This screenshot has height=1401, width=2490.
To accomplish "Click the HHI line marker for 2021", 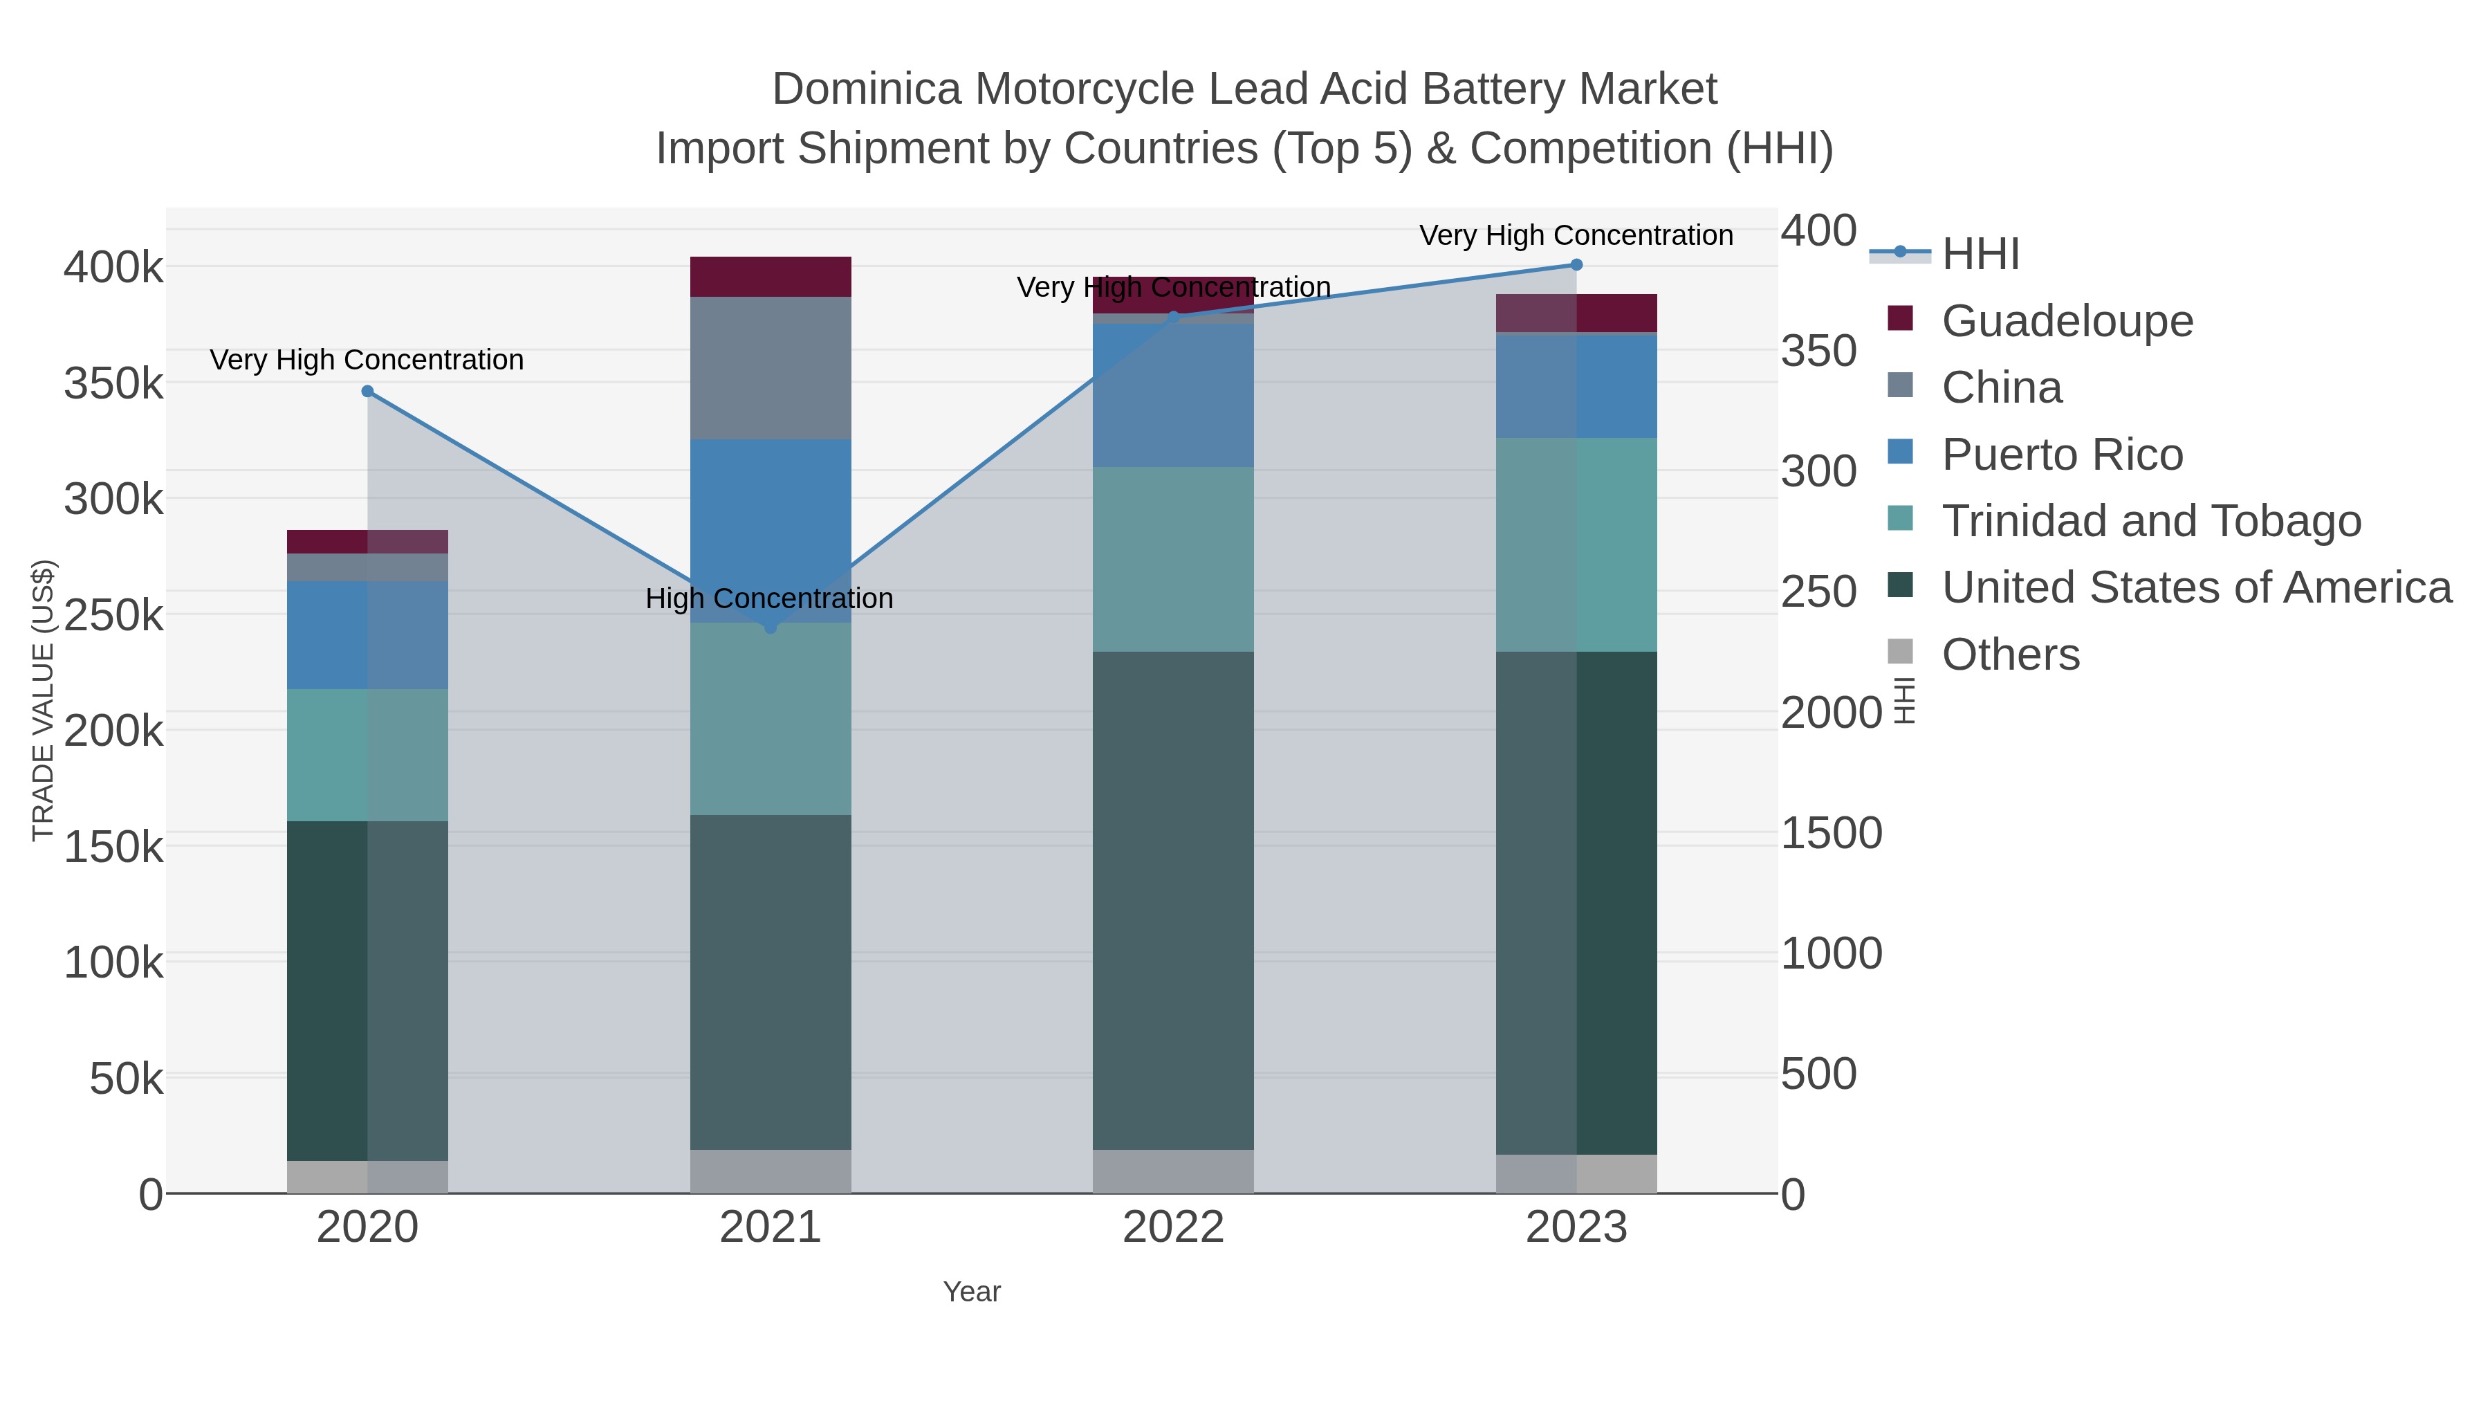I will click(x=771, y=628).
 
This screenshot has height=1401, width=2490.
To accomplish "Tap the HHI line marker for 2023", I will click(x=1576, y=265).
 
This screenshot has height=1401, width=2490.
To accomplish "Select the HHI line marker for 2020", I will click(x=367, y=392).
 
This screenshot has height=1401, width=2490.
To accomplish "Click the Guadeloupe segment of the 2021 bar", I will click(x=771, y=277).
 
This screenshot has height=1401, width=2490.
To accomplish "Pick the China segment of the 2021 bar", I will click(x=771, y=367).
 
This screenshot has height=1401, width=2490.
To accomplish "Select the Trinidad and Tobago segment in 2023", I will click(x=1576, y=544).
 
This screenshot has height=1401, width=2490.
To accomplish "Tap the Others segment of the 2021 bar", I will click(x=771, y=1171).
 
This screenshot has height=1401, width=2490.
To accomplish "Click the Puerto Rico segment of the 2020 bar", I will click(x=367, y=634).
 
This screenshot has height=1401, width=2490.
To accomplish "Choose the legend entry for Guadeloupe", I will click(x=2067, y=321).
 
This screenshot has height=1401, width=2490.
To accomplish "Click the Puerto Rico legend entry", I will click(x=2061, y=455).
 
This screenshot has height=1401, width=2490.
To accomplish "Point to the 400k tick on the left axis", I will click(x=113, y=268).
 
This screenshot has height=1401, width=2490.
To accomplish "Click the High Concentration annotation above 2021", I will click(x=768, y=598).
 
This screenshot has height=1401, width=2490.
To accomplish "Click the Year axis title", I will click(x=972, y=1292).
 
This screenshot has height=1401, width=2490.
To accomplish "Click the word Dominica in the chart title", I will click(x=866, y=90).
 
